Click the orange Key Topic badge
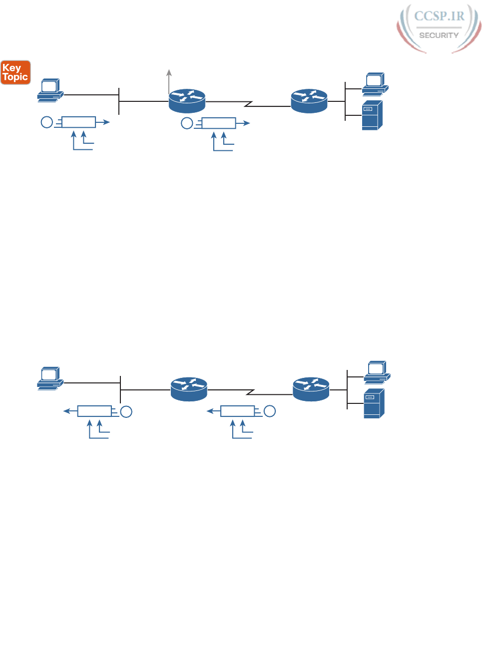[15, 72]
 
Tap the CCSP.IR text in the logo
[439, 16]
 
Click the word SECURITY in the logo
[439, 35]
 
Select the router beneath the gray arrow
[187, 101]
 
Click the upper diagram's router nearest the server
[309, 101]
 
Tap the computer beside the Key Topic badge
[50, 90]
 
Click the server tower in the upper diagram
[372, 115]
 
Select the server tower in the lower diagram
[374, 403]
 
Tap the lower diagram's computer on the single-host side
[50, 378]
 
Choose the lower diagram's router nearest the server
[311, 389]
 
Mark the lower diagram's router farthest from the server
[189, 389]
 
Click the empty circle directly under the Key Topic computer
[46, 122]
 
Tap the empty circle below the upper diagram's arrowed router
[187, 123]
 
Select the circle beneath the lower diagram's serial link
[270, 411]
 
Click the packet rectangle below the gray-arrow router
[218, 123]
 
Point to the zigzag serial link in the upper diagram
[248, 104]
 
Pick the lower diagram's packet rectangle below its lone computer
[94, 411]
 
